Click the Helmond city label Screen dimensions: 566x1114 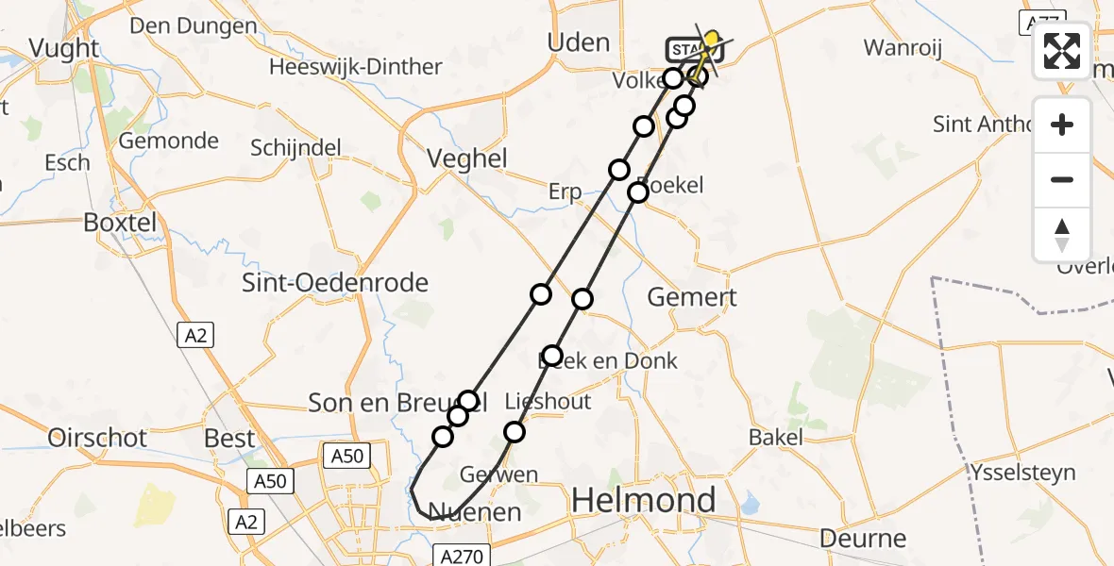pyautogui.click(x=644, y=500)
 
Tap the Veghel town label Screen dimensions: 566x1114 pyautogui.click(x=467, y=158)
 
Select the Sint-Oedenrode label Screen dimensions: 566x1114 pyautogui.click(x=335, y=282)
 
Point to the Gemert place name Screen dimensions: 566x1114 pyautogui.click(x=692, y=297)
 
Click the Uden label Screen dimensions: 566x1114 pyautogui.click(x=579, y=42)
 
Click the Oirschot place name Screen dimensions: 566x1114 pyautogui.click(x=98, y=438)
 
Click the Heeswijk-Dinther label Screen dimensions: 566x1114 pyautogui.click(x=356, y=67)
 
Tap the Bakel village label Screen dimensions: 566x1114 pyautogui.click(x=776, y=437)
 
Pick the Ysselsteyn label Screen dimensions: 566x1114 pyautogui.click(x=1024, y=472)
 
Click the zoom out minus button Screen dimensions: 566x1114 pyautogui.click(x=1062, y=179)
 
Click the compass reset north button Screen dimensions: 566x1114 pyautogui.click(x=1062, y=234)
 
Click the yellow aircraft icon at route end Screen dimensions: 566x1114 pyautogui.click(x=711, y=41)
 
